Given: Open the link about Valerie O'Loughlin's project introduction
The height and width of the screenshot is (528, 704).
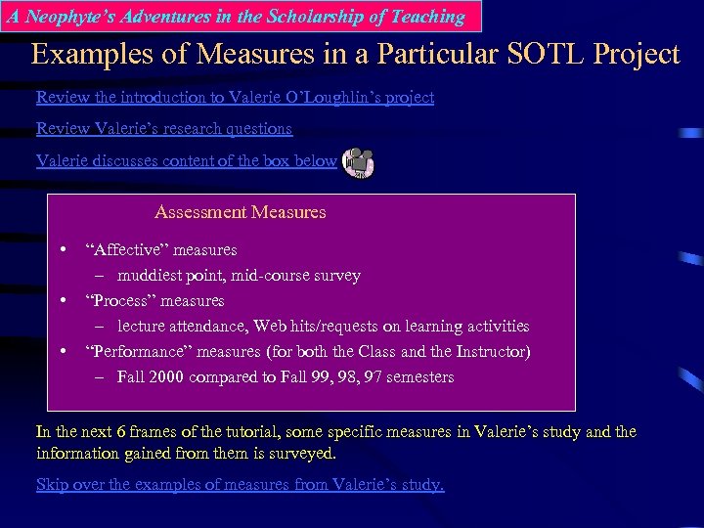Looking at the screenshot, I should coord(235,97).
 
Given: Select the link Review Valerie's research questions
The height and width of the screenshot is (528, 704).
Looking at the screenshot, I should coord(164,128).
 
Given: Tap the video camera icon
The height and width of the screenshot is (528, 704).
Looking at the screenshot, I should coord(359,162).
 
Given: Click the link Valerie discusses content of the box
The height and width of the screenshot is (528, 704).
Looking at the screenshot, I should coord(186,160).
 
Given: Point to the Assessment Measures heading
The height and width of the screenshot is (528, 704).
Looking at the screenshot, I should coord(241,212).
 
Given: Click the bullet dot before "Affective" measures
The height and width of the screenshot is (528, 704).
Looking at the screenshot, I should coord(63,249).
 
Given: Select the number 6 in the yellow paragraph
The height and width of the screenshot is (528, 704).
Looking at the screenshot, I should coord(121,431).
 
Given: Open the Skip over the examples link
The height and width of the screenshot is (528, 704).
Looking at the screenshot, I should coord(240,484).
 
